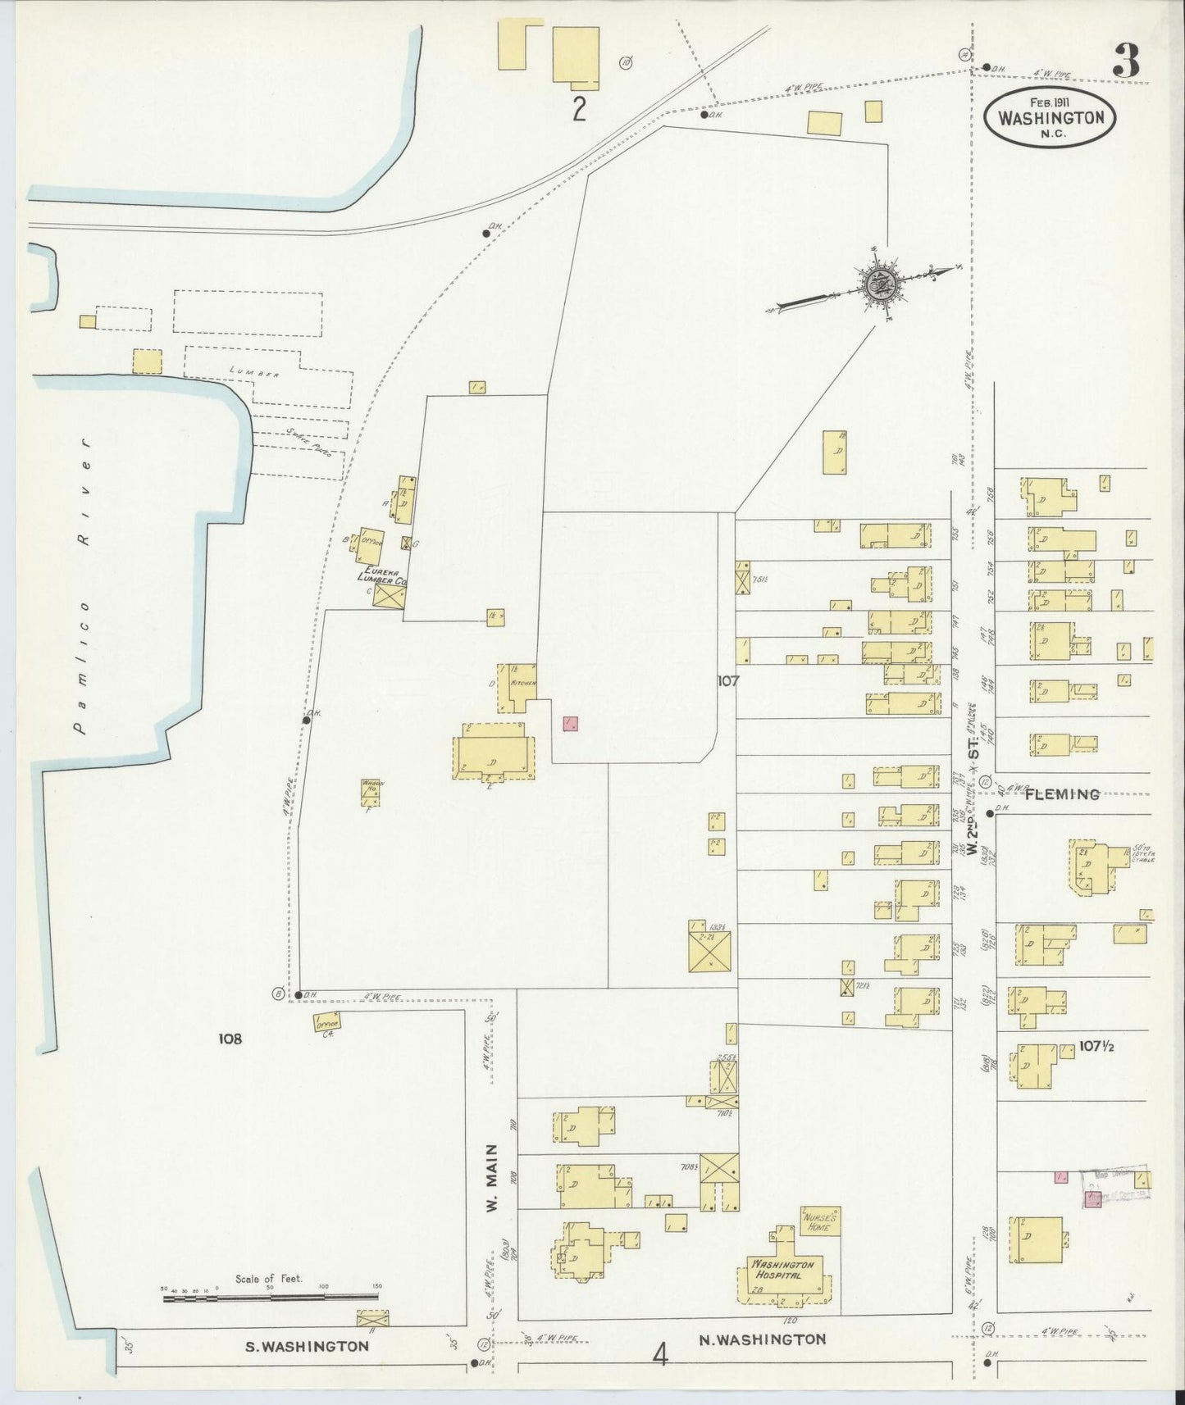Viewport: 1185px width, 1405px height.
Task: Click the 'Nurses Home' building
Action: click(819, 1222)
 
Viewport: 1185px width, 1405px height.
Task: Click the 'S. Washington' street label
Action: click(303, 1346)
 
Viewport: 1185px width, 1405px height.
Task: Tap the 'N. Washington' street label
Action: click(762, 1339)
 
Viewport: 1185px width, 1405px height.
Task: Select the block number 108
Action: click(230, 1039)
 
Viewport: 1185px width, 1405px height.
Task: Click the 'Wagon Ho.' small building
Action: click(371, 792)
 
